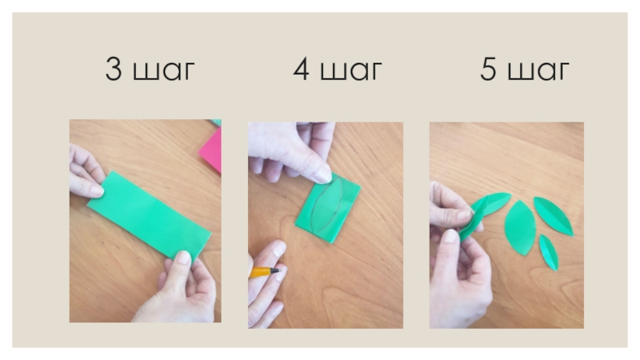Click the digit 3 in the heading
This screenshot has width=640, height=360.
click(114, 69)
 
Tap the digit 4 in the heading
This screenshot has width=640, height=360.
click(301, 69)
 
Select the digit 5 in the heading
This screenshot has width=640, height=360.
click(488, 69)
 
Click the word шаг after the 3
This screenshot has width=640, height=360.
click(164, 71)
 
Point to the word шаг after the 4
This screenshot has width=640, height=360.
click(351, 71)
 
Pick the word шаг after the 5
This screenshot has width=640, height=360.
click(538, 71)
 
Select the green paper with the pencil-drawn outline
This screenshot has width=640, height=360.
click(328, 208)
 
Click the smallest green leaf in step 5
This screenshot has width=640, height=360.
click(549, 252)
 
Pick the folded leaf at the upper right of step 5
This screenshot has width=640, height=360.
click(553, 216)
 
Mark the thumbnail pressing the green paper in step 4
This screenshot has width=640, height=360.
click(323, 175)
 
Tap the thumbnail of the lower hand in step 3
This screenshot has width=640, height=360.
click(183, 257)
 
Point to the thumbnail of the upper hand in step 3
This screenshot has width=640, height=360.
click(97, 190)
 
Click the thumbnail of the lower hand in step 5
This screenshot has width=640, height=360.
click(450, 235)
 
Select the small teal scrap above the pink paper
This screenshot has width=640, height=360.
click(215, 122)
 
